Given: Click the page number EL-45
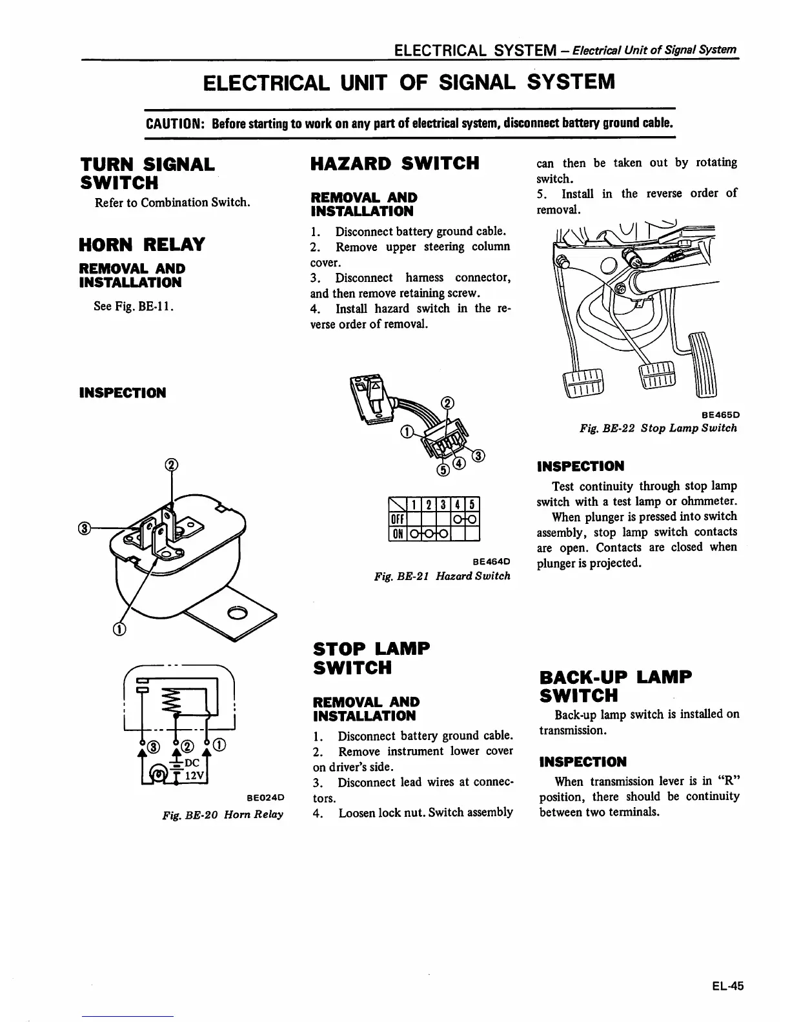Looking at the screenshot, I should (x=728, y=986).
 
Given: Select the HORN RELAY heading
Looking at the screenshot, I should (x=141, y=245).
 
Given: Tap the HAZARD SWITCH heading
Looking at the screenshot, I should (x=394, y=163).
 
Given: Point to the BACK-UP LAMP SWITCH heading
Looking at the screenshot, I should (x=614, y=686).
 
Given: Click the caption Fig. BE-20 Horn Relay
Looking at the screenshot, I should (x=223, y=814).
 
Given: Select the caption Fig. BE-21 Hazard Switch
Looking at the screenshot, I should (x=442, y=576).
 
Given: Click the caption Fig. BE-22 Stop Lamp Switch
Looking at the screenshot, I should (x=658, y=428).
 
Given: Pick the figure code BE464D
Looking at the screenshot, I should (x=491, y=561).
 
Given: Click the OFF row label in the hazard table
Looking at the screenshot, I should (x=395, y=519).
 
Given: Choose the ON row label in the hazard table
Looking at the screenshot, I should (x=395, y=534).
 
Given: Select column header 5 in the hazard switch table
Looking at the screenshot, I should (x=472, y=505).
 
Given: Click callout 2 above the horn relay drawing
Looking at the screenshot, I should (x=171, y=465).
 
